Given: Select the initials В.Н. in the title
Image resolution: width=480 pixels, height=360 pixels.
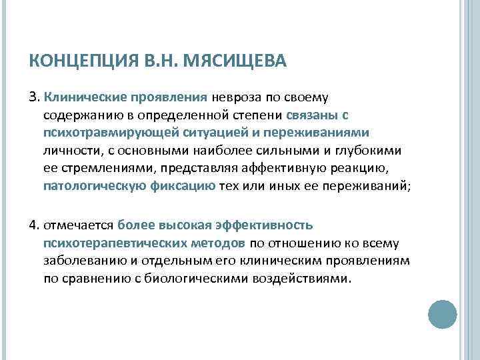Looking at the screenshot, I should [160, 63].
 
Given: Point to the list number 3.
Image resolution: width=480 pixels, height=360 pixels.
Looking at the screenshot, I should [33, 99].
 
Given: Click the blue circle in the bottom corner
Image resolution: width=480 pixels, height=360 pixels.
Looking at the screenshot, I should [441, 313].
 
